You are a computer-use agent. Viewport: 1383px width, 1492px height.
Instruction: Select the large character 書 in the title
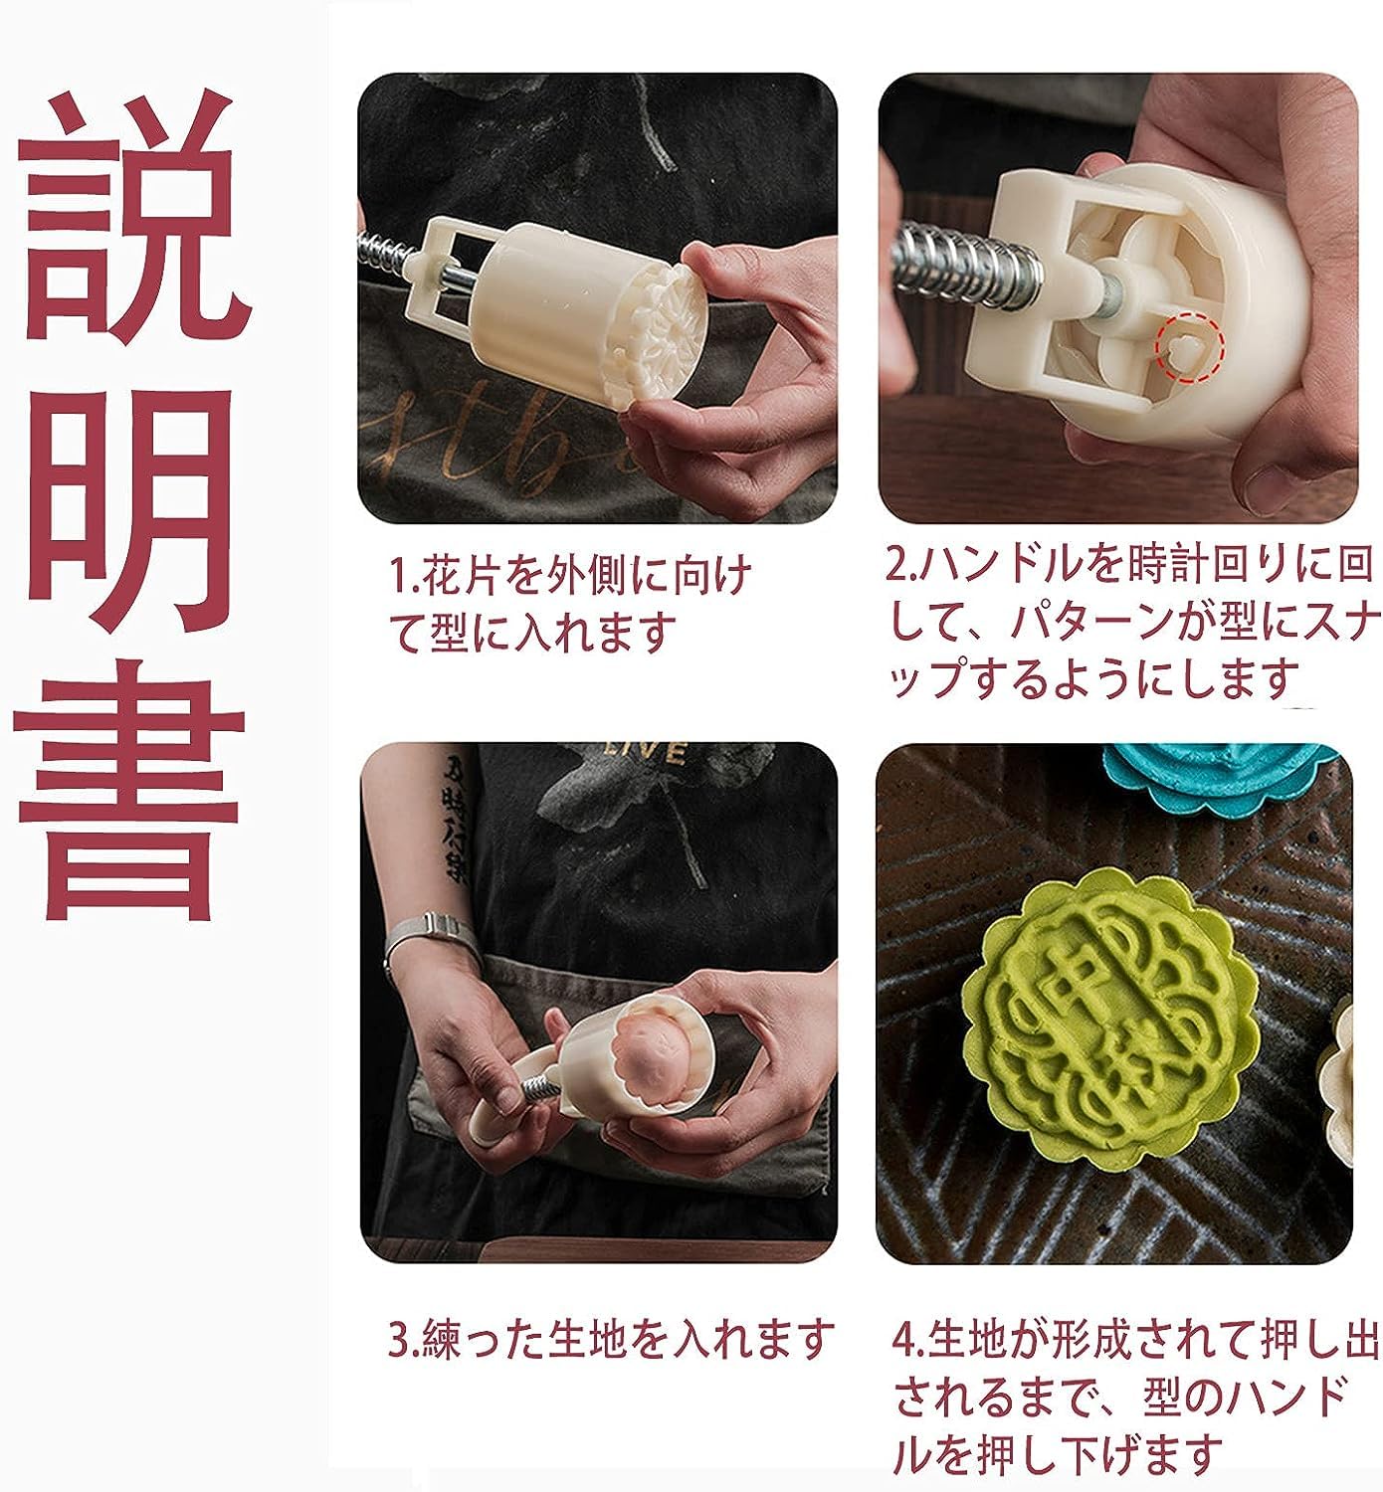(129, 796)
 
